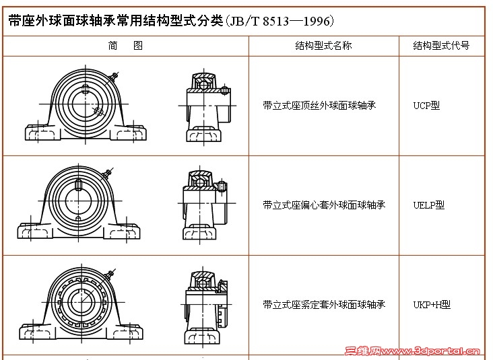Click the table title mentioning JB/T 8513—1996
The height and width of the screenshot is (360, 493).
[170, 21]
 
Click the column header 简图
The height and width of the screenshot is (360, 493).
[125, 46]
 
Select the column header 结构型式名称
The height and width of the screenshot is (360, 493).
[323, 46]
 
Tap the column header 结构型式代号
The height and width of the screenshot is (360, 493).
[441, 46]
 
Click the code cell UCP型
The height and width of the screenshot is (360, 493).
[426, 105]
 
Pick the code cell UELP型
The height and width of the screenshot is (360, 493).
[428, 205]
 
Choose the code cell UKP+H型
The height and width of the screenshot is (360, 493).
[432, 304]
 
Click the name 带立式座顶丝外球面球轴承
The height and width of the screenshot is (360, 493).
[319, 105]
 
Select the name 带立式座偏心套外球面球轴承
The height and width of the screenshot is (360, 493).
[324, 205]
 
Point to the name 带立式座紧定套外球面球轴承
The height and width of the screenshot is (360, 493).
[324, 304]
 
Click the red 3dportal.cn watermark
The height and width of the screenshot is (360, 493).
[412, 351]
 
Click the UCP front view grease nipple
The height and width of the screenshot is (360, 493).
[114, 76]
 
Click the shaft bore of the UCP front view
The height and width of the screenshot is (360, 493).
[86, 104]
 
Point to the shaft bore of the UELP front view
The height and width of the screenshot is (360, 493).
[78, 201]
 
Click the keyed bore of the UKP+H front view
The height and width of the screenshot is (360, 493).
[81, 303]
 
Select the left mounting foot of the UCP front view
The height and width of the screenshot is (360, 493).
[42, 133]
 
